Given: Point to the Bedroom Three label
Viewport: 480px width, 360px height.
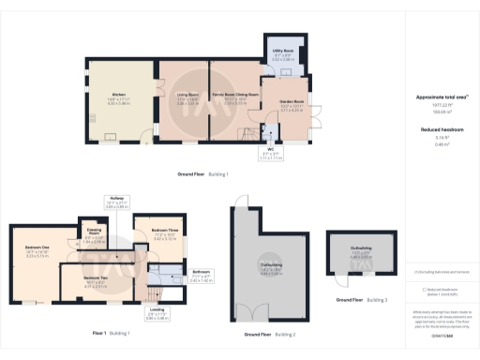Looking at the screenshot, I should tap(165, 232).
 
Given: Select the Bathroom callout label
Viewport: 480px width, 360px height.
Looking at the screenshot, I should tap(202, 275).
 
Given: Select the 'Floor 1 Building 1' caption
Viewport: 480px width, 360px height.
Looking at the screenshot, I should tap(111, 334).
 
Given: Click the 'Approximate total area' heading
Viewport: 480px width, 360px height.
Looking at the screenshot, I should tap(440, 97).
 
